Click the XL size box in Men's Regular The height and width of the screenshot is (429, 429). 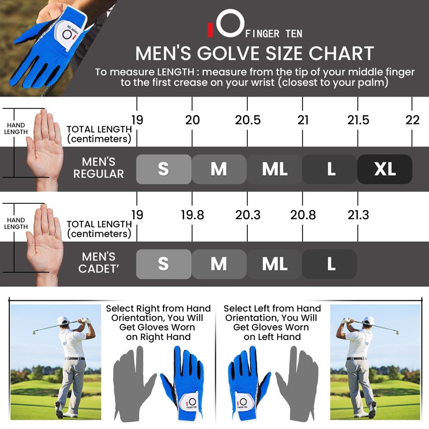point(384,169)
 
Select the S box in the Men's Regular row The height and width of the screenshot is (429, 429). point(164,169)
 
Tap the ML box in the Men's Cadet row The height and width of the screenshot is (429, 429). point(274,264)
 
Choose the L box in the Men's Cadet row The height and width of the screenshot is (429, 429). point(330,264)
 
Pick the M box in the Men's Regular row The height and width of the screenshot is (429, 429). point(219,169)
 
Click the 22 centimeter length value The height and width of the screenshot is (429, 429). point(412,120)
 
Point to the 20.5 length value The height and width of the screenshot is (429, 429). point(248,120)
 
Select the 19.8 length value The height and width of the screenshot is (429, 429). point(192,215)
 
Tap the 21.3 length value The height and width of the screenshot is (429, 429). point(358,215)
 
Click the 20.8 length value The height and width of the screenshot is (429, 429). point(302,215)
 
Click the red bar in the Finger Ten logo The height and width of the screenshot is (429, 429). point(210,31)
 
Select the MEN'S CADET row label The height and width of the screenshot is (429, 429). point(98,263)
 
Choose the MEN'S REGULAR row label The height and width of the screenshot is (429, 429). point(99,167)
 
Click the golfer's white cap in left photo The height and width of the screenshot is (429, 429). point(63,321)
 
